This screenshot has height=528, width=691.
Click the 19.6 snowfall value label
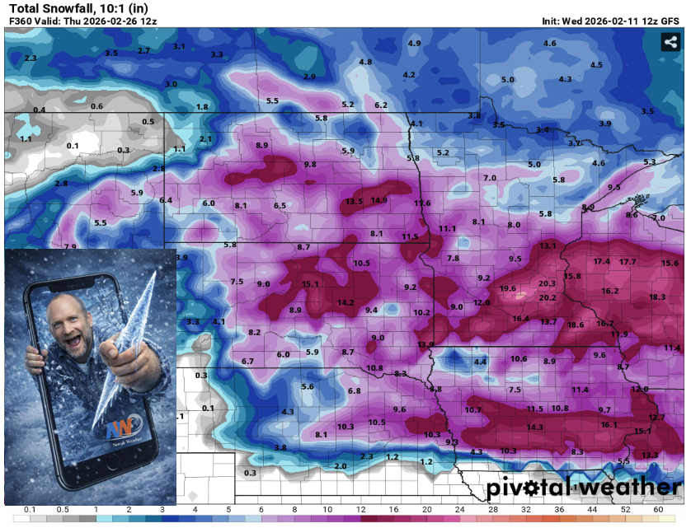(x=507, y=288)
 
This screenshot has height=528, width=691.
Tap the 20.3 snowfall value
(x=548, y=283)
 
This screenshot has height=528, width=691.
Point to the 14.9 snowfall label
(x=379, y=200)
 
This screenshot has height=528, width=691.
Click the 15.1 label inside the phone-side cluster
(x=310, y=284)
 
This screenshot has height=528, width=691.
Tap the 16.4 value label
(x=520, y=319)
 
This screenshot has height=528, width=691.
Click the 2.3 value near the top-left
(x=31, y=58)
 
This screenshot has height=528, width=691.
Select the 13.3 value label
(x=650, y=455)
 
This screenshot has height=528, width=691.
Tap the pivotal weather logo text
(x=583, y=488)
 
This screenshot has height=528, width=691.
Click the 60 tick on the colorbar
(x=658, y=511)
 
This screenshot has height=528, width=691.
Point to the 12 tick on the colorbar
(x=361, y=511)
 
